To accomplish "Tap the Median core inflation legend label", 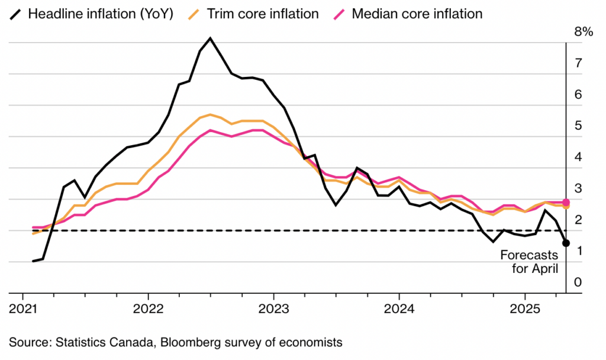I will tap(417, 14).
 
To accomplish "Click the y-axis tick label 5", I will tap(579, 126).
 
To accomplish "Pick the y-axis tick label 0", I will tap(579, 283).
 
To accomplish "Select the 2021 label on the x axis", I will tap(23, 309).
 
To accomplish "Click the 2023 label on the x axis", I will tap(273, 309).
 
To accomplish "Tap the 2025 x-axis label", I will tap(524, 309).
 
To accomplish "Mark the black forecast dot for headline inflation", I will tap(566, 243).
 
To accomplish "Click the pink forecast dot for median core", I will tap(566, 202).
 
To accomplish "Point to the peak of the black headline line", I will tap(210, 38).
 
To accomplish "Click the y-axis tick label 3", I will tap(579, 189).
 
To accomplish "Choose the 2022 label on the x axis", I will tap(148, 309).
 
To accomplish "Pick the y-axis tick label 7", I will tap(579, 63).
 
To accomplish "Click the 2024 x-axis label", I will tap(399, 309).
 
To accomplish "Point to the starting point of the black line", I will tap(33, 261).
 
